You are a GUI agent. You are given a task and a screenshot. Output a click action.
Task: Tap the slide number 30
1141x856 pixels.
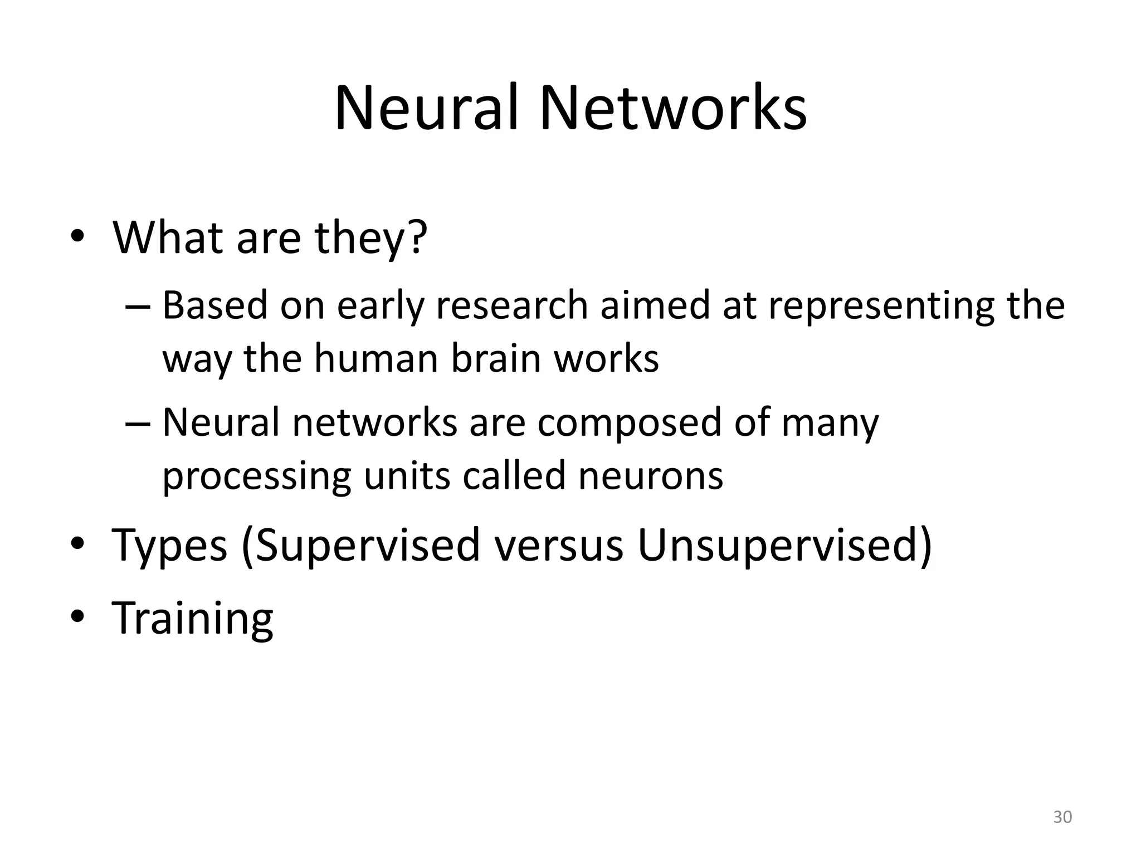1062,817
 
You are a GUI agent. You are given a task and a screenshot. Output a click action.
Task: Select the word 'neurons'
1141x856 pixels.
651,476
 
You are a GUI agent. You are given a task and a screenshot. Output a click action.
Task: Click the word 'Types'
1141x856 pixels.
170,546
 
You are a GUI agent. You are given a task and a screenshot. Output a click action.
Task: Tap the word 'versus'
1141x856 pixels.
559,546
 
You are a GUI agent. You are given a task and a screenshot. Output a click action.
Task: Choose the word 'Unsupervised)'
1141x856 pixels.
784,546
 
